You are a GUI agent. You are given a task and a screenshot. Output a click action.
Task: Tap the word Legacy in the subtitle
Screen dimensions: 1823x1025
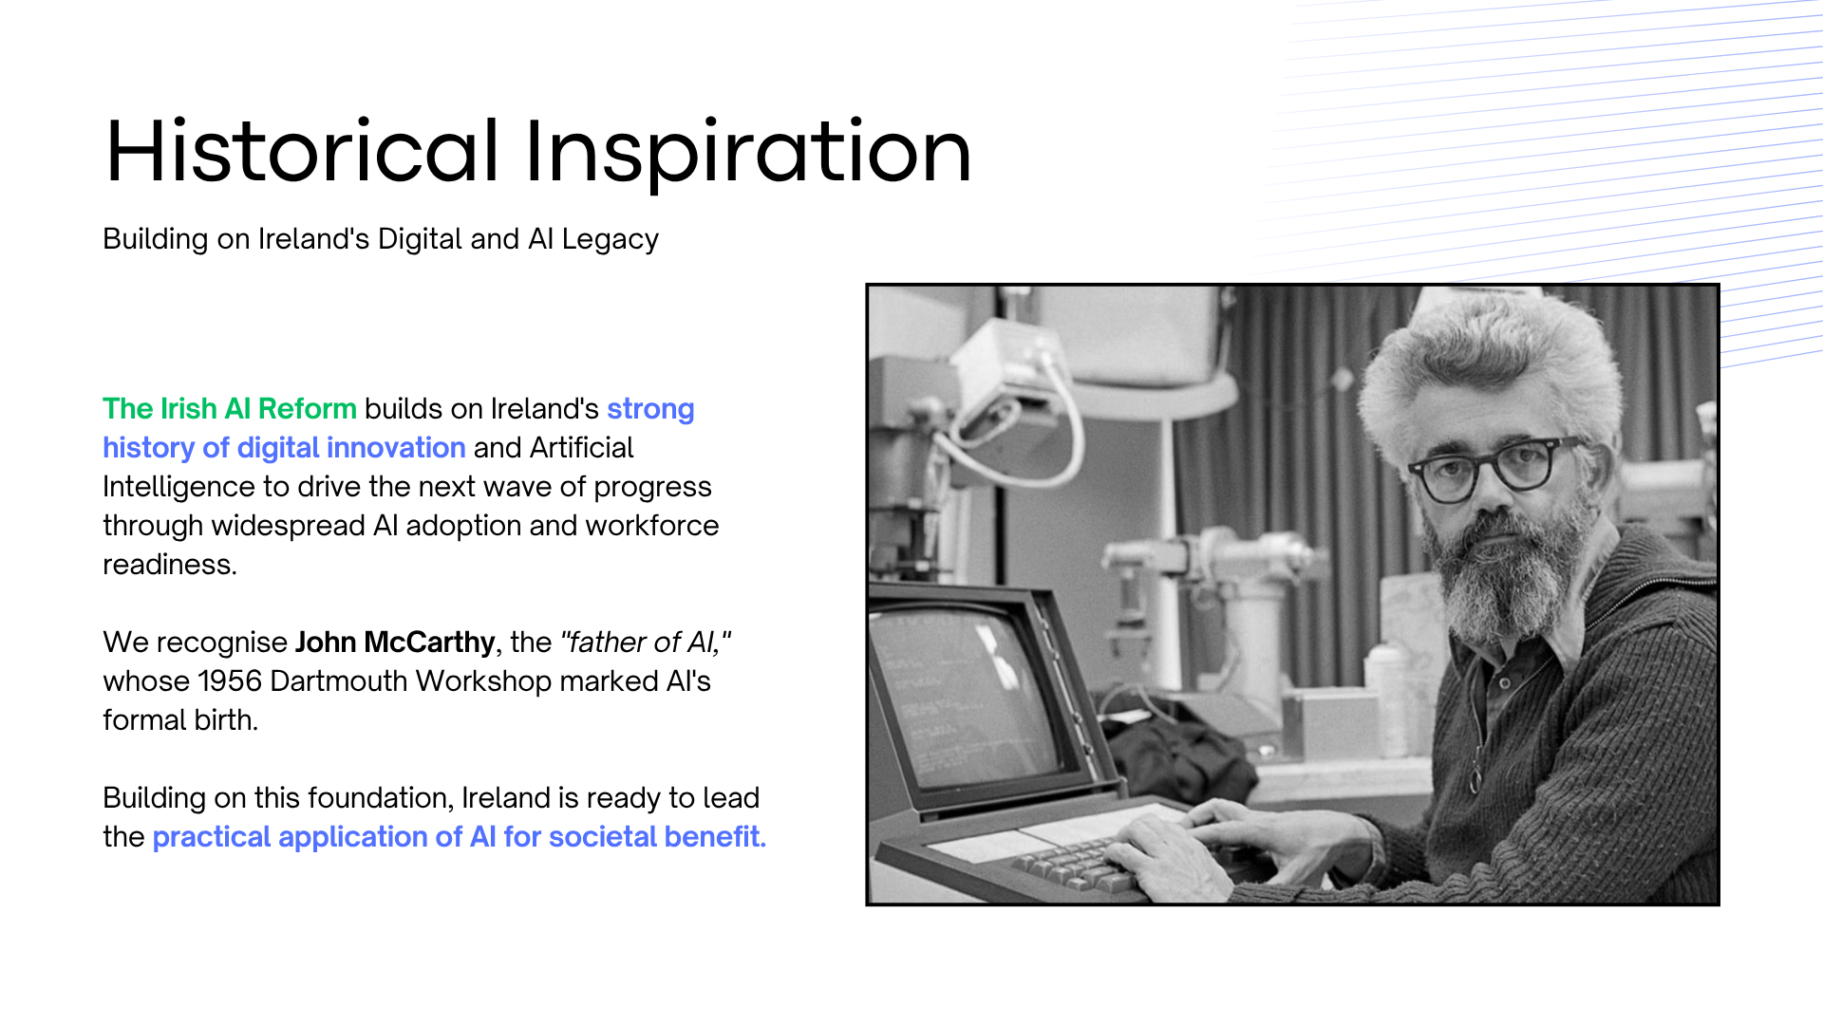point(610,240)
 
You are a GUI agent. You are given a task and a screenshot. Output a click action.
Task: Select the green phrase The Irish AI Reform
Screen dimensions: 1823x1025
point(230,409)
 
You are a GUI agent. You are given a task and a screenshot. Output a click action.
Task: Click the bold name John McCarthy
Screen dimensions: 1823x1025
point(395,643)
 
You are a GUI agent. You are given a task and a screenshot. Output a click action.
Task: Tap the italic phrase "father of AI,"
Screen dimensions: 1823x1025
point(646,643)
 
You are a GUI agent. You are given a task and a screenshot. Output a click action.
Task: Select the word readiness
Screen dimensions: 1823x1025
point(170,565)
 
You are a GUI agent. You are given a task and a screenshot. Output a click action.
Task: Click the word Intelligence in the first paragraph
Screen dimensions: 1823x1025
point(179,488)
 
